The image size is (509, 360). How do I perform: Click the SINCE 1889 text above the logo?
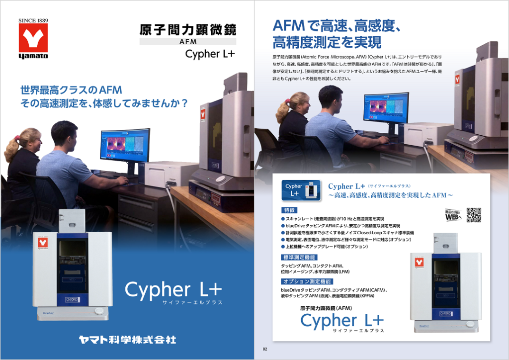click(33, 20)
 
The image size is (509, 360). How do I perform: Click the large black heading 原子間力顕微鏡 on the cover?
click(187, 29)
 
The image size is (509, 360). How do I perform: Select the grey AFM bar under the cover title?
click(187, 42)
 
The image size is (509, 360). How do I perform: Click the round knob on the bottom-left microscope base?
click(99, 311)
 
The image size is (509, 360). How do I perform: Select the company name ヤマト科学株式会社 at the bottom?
click(128, 340)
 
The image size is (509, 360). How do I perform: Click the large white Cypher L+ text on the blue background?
click(173, 289)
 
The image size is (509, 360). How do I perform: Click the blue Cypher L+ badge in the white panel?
click(299, 189)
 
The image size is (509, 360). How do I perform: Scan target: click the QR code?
click(474, 214)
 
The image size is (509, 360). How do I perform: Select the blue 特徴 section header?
click(289, 210)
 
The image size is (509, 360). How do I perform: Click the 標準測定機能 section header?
click(299, 258)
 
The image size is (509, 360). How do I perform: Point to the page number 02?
click(265, 349)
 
